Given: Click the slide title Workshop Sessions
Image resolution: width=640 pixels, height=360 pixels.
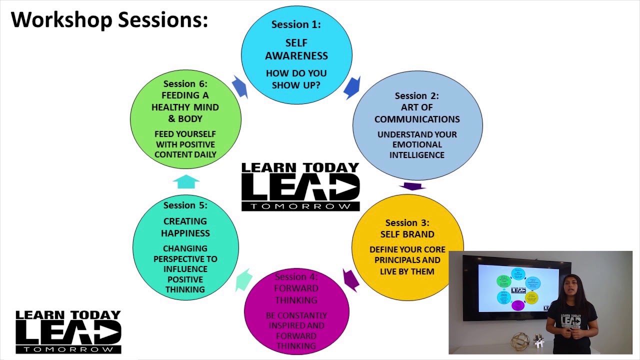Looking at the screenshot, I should tap(109, 20).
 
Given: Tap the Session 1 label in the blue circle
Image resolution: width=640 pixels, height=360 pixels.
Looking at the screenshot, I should tap(296, 24).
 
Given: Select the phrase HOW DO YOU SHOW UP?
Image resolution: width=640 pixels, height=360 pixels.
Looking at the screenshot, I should tap(296, 79).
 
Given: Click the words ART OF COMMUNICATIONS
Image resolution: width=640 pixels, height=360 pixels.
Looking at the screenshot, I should tap(417, 113).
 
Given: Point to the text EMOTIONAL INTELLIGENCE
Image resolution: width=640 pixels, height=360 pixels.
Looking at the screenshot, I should tap(417, 149).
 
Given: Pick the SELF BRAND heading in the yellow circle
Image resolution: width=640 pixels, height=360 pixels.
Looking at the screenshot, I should tap(407, 234).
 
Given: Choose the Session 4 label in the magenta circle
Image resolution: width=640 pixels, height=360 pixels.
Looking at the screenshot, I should tap(296, 276).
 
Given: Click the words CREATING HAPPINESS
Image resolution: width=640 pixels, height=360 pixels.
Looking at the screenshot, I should tap(185, 227).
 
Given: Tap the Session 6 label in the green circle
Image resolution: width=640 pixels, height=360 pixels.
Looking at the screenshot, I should tap(185, 83).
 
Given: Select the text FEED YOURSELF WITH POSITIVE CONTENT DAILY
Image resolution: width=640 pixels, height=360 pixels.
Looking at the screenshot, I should tap(185, 144).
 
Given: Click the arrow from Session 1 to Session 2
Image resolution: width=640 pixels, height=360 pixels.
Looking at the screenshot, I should tap(352, 87).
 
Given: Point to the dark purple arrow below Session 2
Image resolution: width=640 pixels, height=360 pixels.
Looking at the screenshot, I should tap(412, 186).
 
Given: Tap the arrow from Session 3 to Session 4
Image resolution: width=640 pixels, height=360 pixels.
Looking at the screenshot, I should tap(351, 279).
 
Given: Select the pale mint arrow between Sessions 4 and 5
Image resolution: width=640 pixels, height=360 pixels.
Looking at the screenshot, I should tap(243, 280).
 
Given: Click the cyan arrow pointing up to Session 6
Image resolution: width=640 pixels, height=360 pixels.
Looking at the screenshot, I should tap(185, 181).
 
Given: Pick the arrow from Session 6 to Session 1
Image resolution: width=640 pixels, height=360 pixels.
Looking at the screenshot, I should tap(240, 87).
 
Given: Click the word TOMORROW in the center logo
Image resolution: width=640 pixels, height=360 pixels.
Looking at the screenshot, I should tap(300, 206).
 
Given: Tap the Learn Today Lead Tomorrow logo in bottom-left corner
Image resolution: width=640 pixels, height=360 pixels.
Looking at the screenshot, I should tap(68, 331).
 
